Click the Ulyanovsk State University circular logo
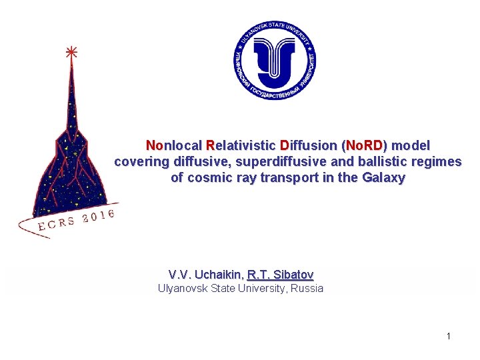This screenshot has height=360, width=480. click(275, 60)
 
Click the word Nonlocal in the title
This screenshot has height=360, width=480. click(175, 145)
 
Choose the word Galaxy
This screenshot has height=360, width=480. click(384, 178)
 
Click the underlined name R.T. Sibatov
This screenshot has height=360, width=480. click(280, 275)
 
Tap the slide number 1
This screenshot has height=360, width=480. click(449, 336)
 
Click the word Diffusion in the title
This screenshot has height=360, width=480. click(309, 145)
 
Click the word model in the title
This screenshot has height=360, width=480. click(414, 145)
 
